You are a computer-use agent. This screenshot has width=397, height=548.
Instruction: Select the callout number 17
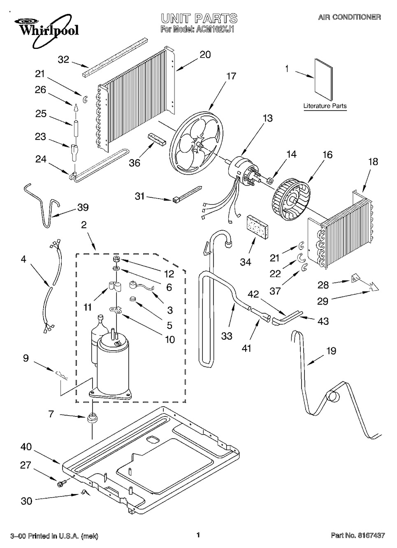pos(231,76)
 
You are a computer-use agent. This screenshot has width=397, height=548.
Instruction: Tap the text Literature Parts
pos(325,106)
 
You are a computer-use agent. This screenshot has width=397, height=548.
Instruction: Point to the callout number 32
pos(63,60)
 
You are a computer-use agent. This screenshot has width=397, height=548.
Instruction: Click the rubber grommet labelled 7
pos(91,418)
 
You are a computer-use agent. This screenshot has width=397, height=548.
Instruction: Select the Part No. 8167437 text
pos(358,535)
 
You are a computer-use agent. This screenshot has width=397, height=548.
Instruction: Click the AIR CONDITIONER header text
pos(349,17)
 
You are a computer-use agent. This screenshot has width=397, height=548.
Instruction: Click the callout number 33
pos(226,336)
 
